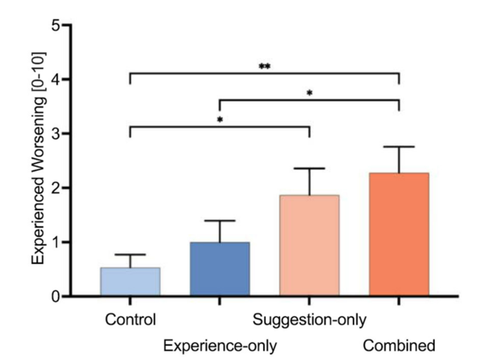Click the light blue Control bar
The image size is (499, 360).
point(130,282)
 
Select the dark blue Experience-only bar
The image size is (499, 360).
point(220,269)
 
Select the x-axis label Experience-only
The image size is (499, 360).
point(220,346)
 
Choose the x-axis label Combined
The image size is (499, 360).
point(398,346)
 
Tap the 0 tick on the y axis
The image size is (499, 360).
point(56,297)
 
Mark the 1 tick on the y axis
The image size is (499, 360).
point(56,242)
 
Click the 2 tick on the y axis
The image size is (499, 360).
point(56,188)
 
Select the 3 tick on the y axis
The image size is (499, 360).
point(56,134)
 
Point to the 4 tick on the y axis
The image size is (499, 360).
point(56,80)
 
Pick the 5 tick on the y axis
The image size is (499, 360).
point(56,26)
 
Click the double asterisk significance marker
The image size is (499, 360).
point(264,66)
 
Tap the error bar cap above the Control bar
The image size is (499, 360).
point(130,254)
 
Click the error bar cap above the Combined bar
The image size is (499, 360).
point(398,147)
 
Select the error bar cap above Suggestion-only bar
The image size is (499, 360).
point(309,168)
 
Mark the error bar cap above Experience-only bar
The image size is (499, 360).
point(220,221)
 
